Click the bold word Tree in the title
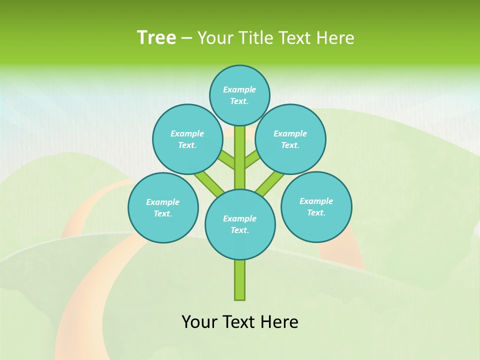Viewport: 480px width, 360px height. click(156, 38)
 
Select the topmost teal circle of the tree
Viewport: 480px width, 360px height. click(239, 95)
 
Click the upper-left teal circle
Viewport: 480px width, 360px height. click(187, 139)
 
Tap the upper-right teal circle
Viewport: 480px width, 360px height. click(290, 139)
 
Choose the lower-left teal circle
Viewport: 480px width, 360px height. click(163, 207)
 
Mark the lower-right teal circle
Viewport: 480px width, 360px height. click(316, 206)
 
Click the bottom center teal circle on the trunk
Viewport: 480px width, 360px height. click(240, 224)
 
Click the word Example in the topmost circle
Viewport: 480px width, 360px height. click(239, 89)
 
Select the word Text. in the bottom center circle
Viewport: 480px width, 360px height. click(239, 230)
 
